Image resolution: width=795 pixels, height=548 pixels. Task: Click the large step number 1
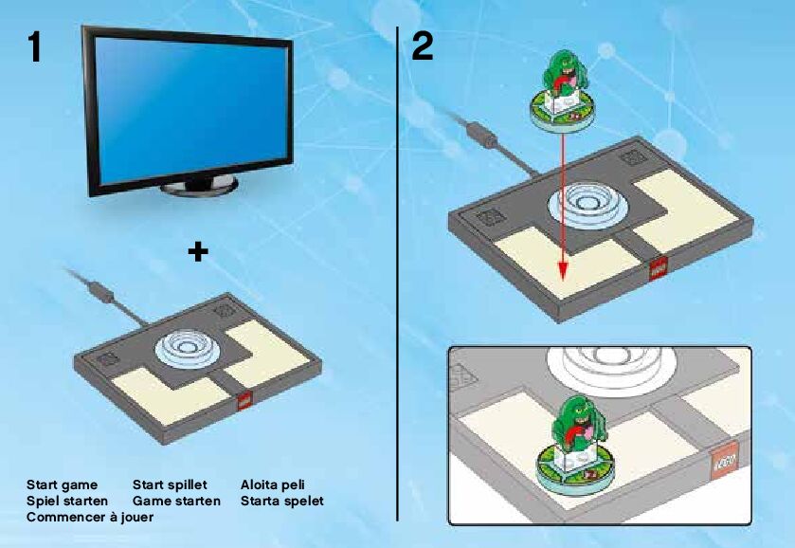[x=34, y=47]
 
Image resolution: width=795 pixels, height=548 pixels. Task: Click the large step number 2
[x=424, y=47]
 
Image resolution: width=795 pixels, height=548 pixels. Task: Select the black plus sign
[x=198, y=251]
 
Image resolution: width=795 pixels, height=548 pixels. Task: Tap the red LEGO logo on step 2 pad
[x=656, y=269]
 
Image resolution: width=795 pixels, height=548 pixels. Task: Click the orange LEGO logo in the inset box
[x=726, y=464]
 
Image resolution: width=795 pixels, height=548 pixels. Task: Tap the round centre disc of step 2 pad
[x=580, y=207]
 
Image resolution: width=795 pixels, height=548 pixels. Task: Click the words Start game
[x=62, y=484]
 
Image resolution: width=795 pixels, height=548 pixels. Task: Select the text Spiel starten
[x=67, y=500]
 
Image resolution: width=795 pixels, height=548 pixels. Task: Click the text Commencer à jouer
[x=90, y=517]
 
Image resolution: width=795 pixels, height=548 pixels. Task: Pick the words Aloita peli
[x=273, y=484]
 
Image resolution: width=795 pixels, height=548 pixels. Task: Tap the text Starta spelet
[x=282, y=500]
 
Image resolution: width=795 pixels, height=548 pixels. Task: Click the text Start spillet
[x=170, y=484]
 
